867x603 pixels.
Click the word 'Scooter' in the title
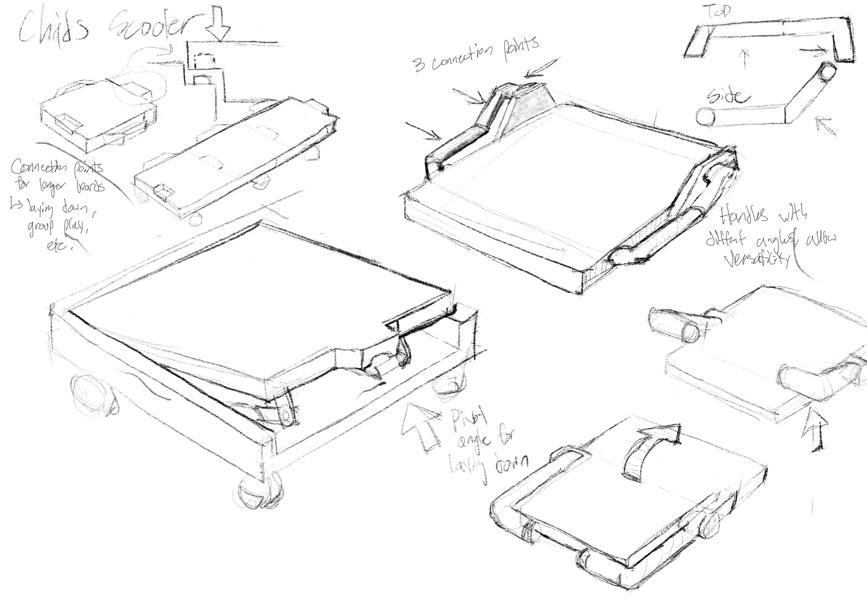[x=149, y=27]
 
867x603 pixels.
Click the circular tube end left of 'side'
[x=705, y=118]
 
